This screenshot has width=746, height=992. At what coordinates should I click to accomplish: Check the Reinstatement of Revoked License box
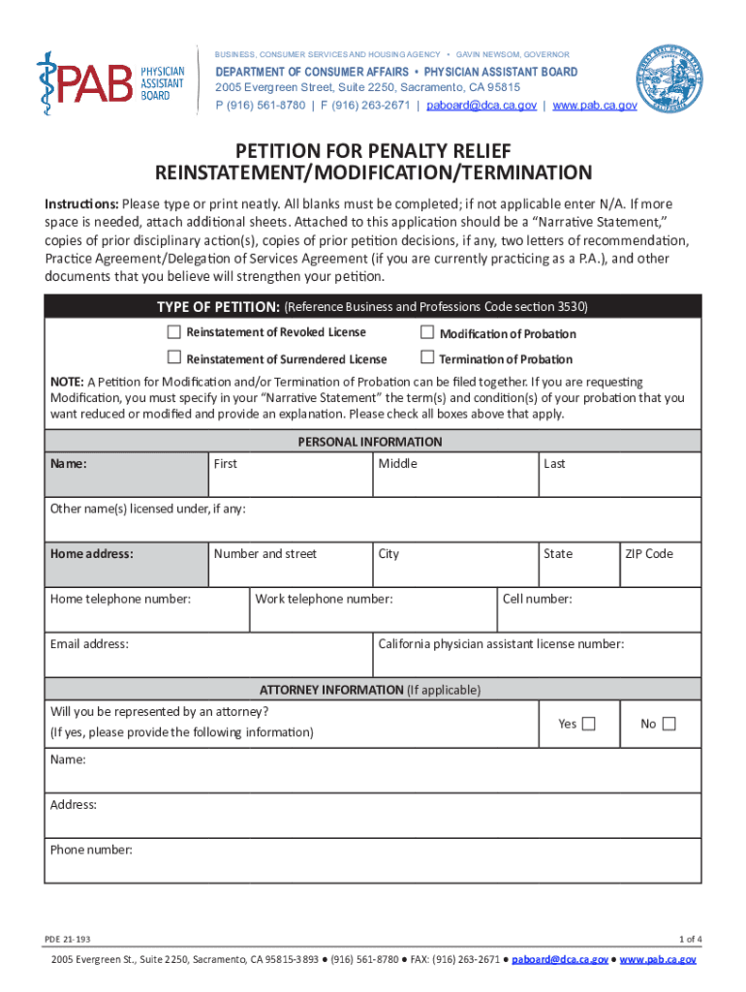174,332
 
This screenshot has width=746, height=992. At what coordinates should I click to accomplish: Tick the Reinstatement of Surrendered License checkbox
174,358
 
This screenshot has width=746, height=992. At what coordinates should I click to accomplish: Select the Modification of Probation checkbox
427,332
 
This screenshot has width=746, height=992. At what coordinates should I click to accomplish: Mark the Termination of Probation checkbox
427,358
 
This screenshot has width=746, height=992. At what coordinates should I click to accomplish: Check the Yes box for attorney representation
588,724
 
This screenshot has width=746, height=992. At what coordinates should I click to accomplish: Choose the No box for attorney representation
668,724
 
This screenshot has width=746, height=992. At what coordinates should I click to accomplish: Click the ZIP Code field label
648,554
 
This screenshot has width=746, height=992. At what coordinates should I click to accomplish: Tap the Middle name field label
397,464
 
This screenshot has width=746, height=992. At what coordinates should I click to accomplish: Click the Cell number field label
537,599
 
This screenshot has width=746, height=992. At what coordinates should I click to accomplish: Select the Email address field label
89,643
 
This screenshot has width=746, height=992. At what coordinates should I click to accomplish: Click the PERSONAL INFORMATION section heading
369,442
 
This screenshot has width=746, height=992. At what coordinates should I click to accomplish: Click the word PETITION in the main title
278,151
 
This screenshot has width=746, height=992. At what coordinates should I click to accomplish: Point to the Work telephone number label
324,599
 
